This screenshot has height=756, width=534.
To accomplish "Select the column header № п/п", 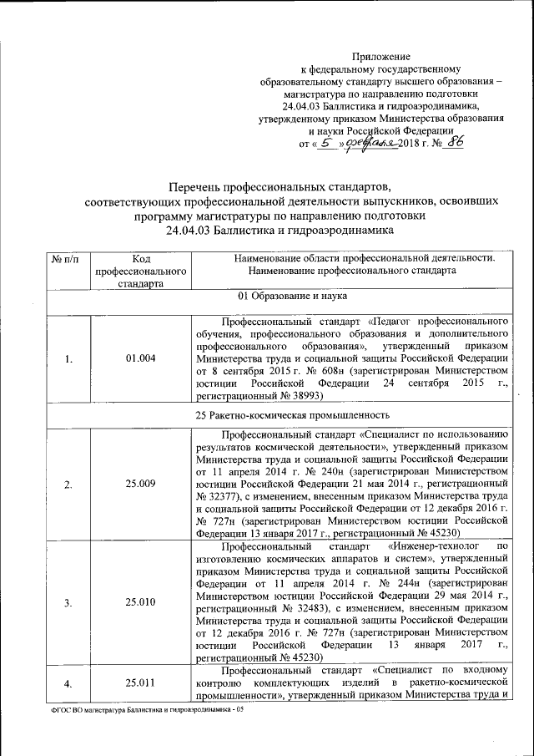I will pyautogui.click(x=66, y=259).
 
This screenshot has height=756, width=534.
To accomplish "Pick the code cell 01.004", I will pyautogui.click(x=139, y=360).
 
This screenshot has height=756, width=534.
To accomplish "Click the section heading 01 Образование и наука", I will pyautogui.click(x=286, y=296).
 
